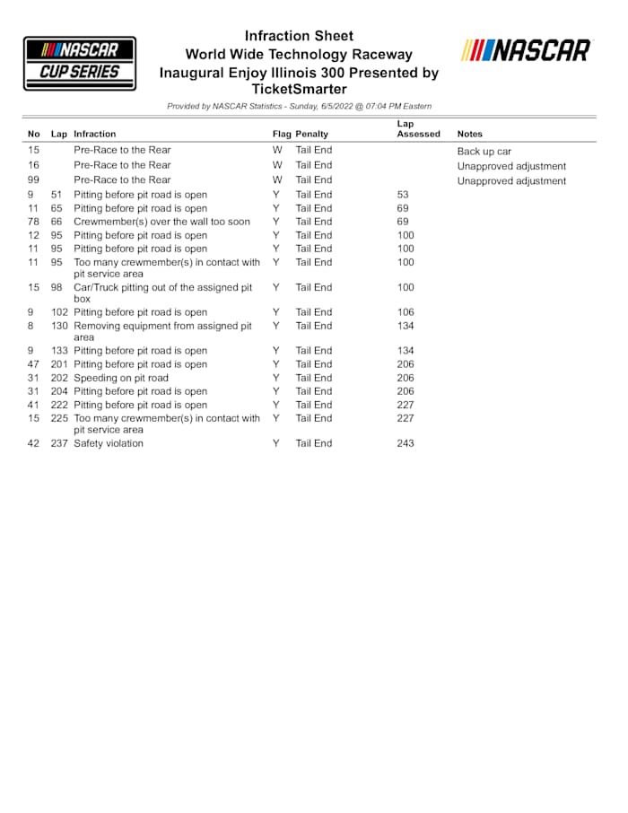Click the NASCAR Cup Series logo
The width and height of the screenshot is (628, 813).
(80, 63)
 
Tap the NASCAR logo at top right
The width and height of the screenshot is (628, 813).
(527, 50)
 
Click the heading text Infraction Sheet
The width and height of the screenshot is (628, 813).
(299, 36)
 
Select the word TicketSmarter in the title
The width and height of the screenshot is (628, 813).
(299, 89)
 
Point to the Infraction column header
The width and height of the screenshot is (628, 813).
(94, 134)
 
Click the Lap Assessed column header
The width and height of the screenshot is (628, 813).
(418, 128)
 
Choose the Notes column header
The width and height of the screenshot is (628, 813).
(469, 134)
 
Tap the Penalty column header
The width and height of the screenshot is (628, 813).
(312, 134)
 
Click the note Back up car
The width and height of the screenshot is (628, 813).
(484, 152)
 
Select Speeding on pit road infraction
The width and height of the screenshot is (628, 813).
(120, 378)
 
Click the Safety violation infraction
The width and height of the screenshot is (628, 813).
(108, 443)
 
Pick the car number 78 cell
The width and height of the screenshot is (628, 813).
(34, 222)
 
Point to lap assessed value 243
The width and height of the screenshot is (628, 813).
(406, 443)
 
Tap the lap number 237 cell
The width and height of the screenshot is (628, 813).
(59, 443)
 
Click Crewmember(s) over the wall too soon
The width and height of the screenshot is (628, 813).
(161, 222)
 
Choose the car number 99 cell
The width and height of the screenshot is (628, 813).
(34, 179)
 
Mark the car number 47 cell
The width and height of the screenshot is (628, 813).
(34, 364)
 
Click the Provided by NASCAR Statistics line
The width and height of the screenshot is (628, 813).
(299, 106)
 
